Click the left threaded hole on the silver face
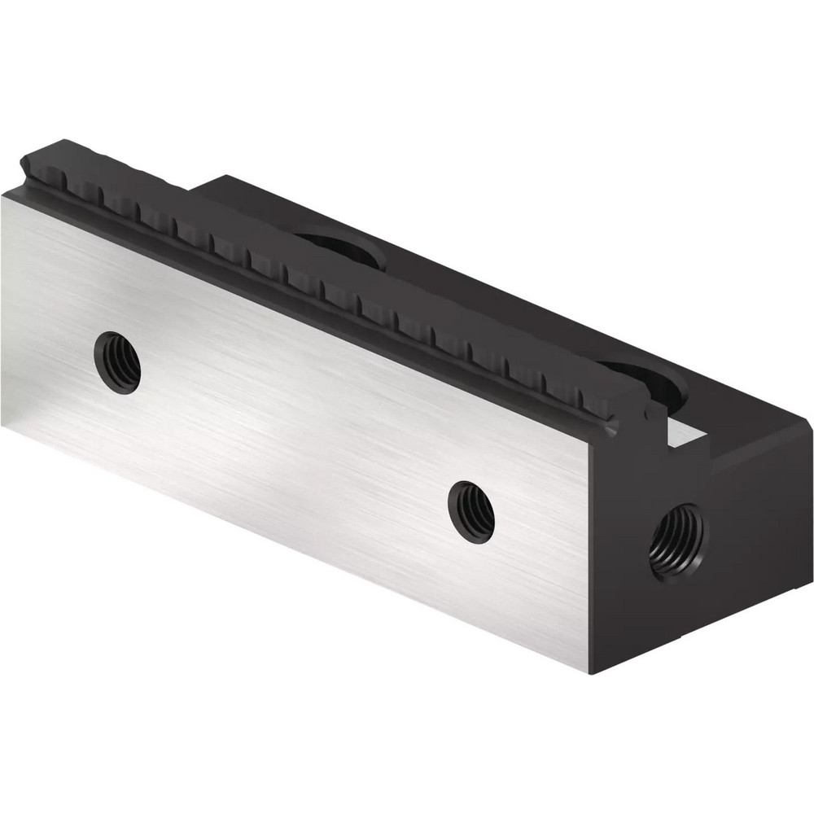pos(117,362)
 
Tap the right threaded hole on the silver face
pos(471,511)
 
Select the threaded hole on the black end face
pos(678,541)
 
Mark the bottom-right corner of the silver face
pos(588,671)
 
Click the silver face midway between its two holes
pos(293,435)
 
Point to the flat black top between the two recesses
pos(488,301)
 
